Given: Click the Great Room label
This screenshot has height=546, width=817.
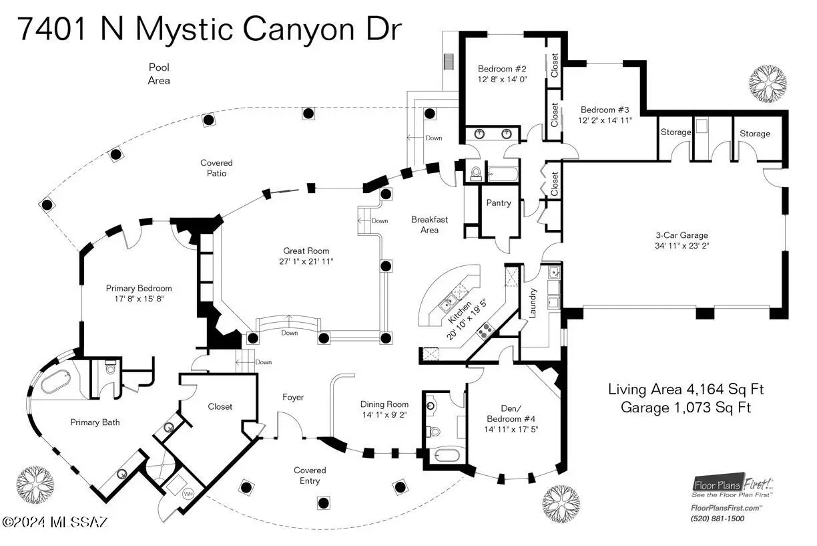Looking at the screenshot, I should click(305, 251).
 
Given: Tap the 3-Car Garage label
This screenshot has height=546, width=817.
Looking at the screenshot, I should click(681, 235).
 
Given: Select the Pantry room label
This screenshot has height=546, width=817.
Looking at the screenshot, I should click(499, 202).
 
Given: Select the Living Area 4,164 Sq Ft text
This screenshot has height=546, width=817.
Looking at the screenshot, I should click(686, 389).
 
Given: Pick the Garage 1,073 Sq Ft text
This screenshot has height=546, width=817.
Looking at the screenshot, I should click(686, 406).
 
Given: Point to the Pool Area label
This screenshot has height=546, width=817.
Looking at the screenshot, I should click(159, 74).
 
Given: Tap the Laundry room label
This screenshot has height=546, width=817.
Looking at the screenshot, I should click(533, 301).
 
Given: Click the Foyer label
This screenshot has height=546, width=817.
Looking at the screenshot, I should click(293, 398).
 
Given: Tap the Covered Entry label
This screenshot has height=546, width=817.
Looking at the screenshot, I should click(310, 475).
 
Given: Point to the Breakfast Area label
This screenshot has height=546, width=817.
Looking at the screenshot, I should click(429, 225).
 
